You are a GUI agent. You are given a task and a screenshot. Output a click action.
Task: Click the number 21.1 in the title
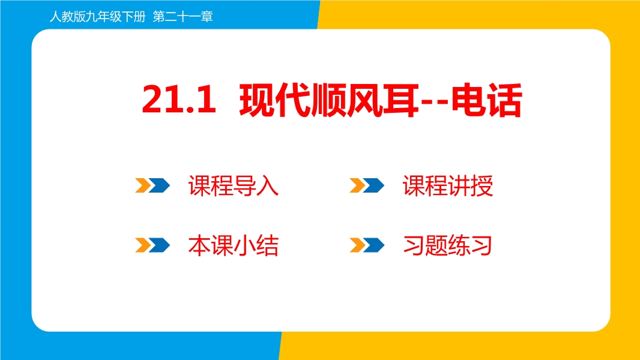click(x=179, y=100)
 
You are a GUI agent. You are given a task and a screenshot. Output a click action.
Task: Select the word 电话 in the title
click(x=486, y=100)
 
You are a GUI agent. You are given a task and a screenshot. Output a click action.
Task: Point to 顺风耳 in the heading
click(x=365, y=100)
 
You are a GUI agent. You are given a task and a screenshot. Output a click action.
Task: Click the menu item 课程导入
click(x=233, y=186)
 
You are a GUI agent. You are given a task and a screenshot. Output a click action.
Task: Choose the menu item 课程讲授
click(x=448, y=186)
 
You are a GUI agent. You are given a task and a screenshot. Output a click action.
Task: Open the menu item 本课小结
click(x=233, y=245)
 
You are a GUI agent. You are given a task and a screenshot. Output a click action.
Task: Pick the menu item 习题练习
click(x=447, y=245)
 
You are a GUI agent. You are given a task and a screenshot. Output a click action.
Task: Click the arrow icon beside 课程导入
click(x=152, y=185)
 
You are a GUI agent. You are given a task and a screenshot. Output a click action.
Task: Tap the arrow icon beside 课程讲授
click(x=367, y=185)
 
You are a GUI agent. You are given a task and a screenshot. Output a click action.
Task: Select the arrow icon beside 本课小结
click(x=152, y=245)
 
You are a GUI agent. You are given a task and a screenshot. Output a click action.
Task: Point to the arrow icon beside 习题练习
click(x=367, y=245)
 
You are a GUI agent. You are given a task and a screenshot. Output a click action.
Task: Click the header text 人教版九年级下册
click(x=97, y=17)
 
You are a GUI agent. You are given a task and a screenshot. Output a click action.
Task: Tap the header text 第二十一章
click(x=183, y=17)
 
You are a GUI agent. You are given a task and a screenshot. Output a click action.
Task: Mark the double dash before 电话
click(x=435, y=102)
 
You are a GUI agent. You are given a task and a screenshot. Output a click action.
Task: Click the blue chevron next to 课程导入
click(x=159, y=185)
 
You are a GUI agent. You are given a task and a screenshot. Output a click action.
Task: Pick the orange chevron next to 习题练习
click(x=358, y=245)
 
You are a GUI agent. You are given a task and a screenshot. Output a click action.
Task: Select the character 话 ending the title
click(x=505, y=100)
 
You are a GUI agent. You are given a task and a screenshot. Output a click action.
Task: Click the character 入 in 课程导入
click(x=267, y=186)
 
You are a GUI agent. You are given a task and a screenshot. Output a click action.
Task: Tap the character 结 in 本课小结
click(x=267, y=245)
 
